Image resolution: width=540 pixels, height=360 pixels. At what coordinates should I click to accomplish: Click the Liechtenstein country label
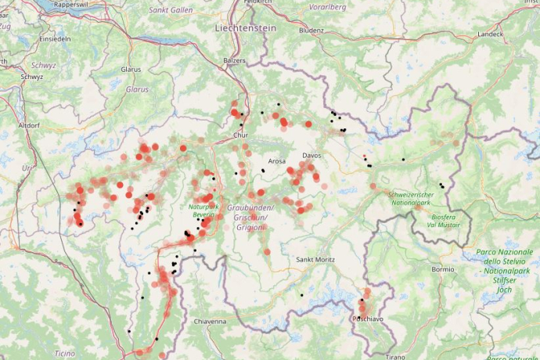pos(245,27)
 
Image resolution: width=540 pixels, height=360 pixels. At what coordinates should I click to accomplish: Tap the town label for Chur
pos(240,135)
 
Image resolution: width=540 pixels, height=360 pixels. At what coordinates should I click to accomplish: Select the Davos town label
pos(311,156)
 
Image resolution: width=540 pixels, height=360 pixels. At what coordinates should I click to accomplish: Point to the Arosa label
pos(277,161)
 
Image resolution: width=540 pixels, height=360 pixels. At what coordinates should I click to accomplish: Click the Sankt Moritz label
pos(315,259)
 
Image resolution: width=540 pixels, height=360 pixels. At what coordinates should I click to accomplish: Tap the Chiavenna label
pos(210,321)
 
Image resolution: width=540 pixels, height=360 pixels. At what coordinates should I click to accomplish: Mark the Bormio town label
pos(442,269)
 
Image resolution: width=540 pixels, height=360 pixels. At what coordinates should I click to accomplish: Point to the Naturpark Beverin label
pos(201,210)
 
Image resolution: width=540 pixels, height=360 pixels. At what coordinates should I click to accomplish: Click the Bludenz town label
pos(311,31)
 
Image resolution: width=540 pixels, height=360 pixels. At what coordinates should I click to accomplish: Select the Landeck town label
pos(491,34)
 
